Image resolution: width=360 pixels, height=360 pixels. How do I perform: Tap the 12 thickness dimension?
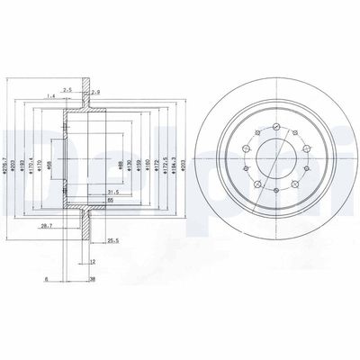pos(93,261)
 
